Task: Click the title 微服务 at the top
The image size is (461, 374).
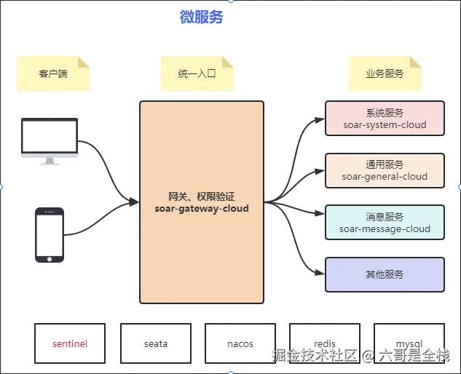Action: pos(202,17)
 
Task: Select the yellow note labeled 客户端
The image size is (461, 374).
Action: pos(52,73)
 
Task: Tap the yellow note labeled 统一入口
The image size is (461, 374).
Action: pos(197,73)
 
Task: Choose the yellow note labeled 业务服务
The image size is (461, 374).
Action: pos(385,73)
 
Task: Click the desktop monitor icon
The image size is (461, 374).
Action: pos(50,141)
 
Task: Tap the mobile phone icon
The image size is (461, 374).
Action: pos(50,234)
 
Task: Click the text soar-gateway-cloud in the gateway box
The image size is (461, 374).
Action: pos(202,209)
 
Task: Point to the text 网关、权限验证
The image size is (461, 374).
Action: pos(202,196)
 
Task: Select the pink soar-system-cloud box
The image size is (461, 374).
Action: pos(385,119)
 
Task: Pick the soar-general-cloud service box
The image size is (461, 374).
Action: pos(385,170)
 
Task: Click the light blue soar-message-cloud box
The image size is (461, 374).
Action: pos(385,223)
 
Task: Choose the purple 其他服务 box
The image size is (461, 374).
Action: pos(385,274)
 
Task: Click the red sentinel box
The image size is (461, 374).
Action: pos(70,343)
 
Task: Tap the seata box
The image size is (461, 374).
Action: pos(155,343)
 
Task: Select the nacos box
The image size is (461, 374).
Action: pos(240,343)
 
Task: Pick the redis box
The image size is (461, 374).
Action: pos(325,343)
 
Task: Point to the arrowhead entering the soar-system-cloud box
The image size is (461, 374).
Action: pos(320,119)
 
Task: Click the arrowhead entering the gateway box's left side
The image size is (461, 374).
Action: pos(135,202)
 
